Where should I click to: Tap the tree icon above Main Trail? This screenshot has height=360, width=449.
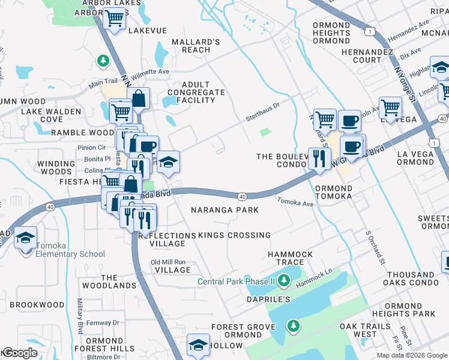103,61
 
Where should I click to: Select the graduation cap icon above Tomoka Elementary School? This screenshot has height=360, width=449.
25,238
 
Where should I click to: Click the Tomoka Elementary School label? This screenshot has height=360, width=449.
70,254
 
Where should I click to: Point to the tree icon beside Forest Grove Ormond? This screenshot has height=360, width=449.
292,326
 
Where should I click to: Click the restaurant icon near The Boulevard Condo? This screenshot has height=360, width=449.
319,159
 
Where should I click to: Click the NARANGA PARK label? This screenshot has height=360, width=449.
224,210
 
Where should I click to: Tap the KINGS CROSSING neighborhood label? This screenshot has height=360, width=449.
234,235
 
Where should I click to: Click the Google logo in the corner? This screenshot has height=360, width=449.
20,353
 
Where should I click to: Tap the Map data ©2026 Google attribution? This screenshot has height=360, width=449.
411,355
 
